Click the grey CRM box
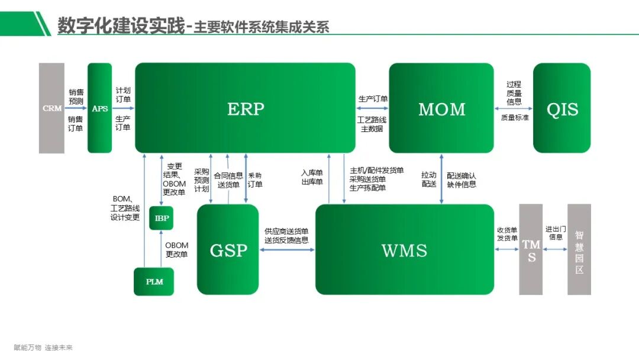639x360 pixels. click(51, 108)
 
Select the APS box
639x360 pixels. click(99, 108)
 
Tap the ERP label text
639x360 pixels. click(246, 109)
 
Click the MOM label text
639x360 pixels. click(441, 109)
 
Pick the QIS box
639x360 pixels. click(561, 108)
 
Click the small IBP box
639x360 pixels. click(162, 218)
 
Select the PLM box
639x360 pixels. click(154, 281)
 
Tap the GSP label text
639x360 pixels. click(228, 250)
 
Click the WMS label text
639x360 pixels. click(404, 250)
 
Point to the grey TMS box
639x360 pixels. click(531, 249)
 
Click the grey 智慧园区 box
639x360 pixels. click(579, 249)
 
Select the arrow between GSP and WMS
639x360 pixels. click(287, 250)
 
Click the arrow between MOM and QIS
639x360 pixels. click(513, 109)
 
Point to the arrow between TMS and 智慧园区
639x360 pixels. click(554, 249)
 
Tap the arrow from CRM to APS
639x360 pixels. click(76, 109)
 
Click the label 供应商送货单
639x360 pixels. click(286, 232)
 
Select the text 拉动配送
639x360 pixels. click(428, 179)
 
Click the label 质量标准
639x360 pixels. click(514, 118)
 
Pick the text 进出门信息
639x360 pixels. click(556, 233)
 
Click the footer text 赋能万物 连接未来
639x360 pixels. click(43, 348)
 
